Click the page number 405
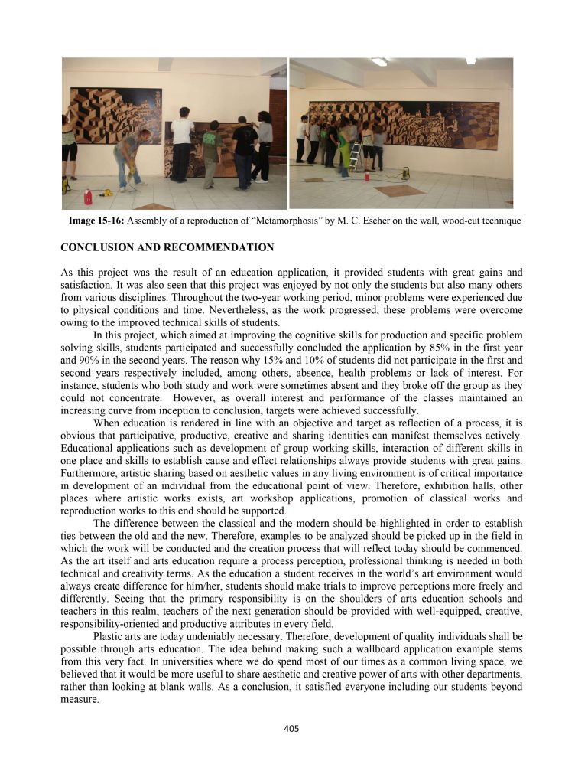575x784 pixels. pos(290,729)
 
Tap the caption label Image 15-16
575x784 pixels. pos(96,221)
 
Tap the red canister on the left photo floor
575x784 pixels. pos(88,197)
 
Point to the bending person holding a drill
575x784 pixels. pos(129,157)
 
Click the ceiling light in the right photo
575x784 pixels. pos(379,62)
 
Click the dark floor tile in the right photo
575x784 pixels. pos(398,191)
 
